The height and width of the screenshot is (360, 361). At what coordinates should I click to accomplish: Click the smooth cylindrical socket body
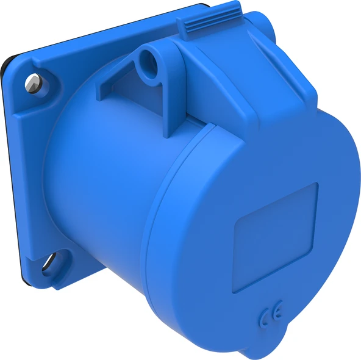(x=98, y=183)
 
